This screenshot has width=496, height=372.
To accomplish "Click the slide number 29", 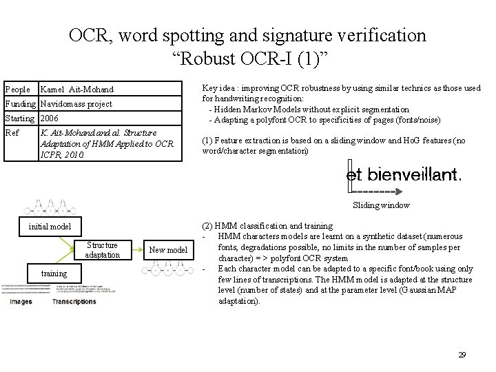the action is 462,355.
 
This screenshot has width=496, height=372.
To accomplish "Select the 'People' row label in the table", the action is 17,90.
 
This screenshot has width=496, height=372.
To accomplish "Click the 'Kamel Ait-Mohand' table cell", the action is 77,90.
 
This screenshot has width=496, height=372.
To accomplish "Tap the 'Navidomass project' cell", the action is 76,104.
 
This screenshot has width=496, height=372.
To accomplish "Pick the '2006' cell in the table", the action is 50,118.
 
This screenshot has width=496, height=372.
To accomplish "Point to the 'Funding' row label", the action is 20,104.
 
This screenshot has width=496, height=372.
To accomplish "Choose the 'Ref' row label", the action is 12,132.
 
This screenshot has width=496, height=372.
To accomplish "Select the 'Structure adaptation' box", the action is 101,249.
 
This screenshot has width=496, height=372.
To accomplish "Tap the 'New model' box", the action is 167,249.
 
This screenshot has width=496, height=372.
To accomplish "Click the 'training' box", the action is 54,273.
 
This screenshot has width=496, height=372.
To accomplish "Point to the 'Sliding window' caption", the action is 381,205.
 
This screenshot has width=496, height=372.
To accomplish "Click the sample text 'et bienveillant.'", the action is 403,175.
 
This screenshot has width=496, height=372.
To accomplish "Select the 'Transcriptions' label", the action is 74,301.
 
